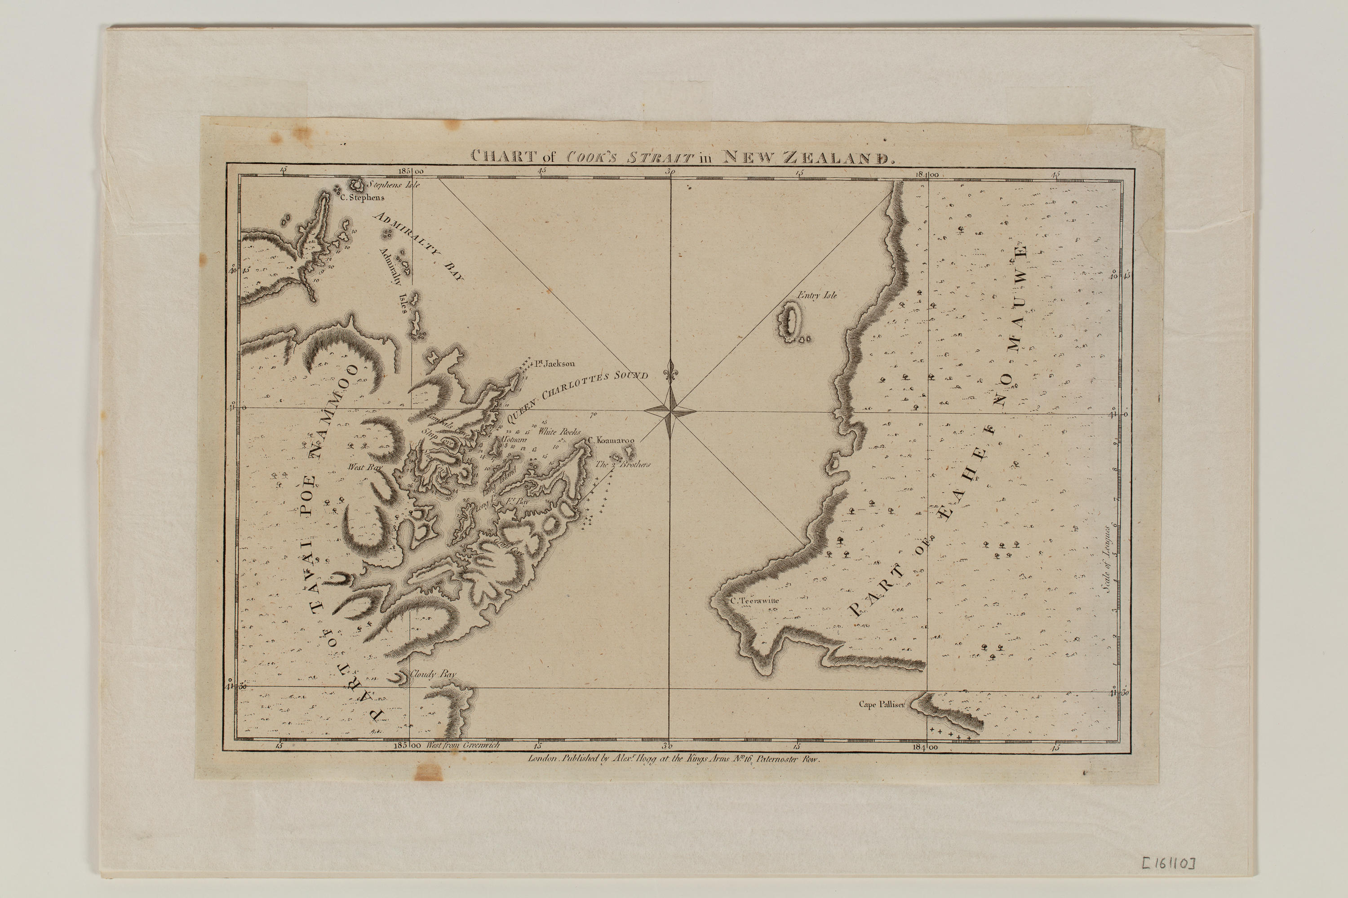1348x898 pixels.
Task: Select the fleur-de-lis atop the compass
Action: pos(670,372)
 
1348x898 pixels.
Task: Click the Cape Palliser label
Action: pos(880,705)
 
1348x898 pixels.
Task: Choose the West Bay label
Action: pos(364,467)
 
